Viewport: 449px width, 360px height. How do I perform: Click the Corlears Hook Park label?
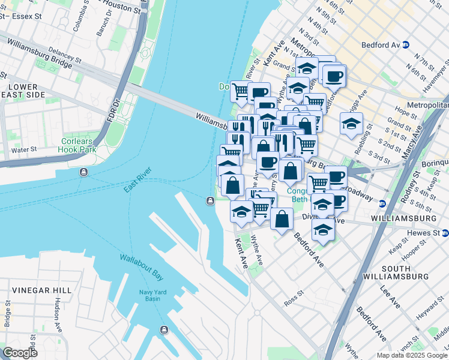click(78, 145)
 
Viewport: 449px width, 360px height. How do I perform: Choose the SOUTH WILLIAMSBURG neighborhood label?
click(405, 271)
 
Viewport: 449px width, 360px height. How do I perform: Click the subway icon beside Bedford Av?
click(406, 44)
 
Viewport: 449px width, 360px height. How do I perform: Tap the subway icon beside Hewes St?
click(445, 232)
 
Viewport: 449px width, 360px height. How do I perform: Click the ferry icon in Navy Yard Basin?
click(164, 329)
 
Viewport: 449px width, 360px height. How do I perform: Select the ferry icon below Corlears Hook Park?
click(83, 173)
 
